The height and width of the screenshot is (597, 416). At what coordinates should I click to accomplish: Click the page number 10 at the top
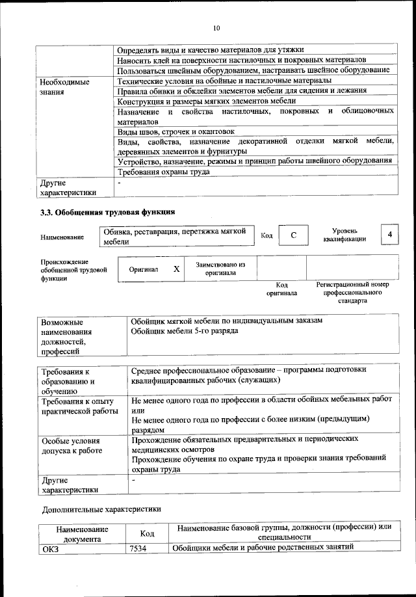[x=216, y=28]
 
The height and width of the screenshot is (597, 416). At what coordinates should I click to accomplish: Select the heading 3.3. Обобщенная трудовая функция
[x=107, y=212]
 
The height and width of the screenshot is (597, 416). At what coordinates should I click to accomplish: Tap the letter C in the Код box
[x=293, y=235]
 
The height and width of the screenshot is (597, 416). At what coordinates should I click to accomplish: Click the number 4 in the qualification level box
[x=389, y=234]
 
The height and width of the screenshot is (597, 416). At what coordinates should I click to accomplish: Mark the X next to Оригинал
[x=176, y=269]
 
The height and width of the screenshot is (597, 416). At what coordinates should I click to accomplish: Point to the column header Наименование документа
[x=82, y=535]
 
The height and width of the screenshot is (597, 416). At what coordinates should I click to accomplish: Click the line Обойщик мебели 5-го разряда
[x=184, y=331]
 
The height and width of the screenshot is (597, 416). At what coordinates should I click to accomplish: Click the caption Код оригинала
[x=281, y=289]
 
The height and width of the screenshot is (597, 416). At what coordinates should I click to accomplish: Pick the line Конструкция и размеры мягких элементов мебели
[x=207, y=101]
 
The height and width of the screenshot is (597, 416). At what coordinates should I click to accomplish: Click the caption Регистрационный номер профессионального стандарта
[x=352, y=293]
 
